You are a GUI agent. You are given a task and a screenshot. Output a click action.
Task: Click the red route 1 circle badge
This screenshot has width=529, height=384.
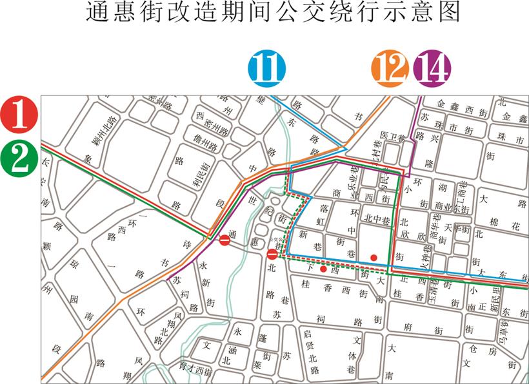20,113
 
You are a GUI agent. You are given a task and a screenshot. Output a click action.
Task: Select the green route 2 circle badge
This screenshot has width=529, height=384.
20,157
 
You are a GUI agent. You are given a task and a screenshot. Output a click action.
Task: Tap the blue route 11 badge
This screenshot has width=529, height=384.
266,69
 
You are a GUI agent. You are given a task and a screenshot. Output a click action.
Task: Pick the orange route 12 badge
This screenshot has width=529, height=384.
390,68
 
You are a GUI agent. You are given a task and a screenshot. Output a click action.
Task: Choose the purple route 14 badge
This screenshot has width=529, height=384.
432,68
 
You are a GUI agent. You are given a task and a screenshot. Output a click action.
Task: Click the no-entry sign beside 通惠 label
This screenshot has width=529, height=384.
225,240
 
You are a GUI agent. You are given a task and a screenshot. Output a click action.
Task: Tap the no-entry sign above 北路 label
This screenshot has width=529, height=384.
272,254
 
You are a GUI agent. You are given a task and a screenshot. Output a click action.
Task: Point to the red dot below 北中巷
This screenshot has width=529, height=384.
374,258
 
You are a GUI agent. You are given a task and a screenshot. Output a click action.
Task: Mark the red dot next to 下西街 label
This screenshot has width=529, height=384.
323,269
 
